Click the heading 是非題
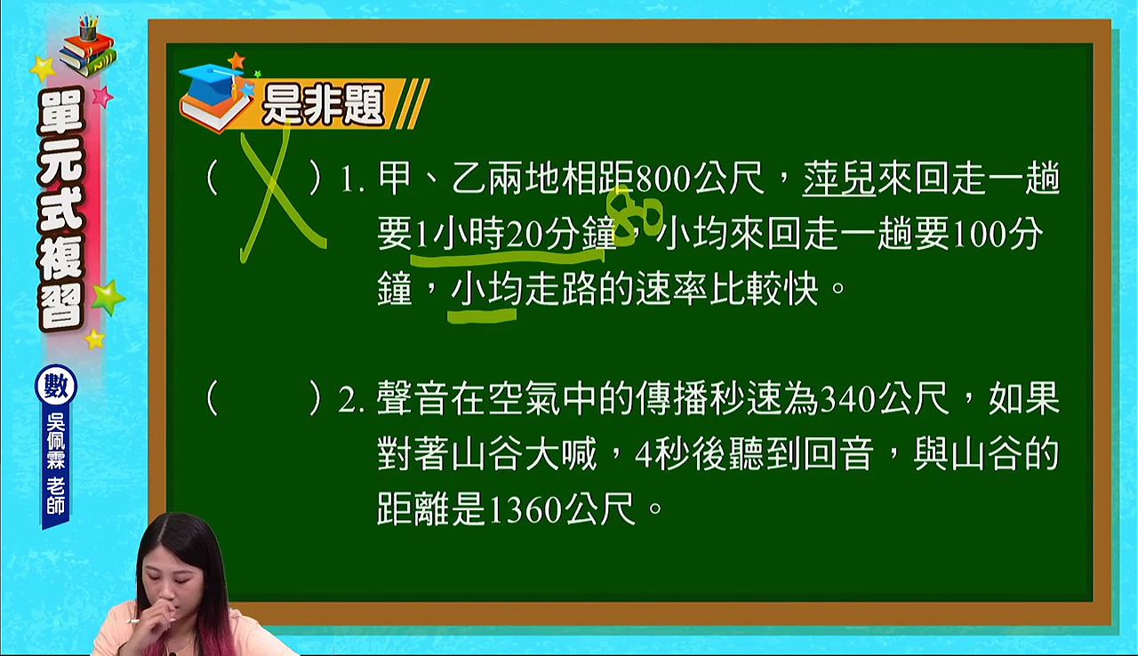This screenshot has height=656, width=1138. pos(323,105)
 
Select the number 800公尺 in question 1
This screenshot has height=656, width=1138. pos(700,179)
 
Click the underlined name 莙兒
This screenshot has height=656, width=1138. pos(839,179)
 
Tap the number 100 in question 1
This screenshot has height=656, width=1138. pos(980,235)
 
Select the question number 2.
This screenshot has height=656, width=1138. pos(350,400)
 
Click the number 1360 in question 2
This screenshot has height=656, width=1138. pos(525,509)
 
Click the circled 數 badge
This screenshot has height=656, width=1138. pos(56,385)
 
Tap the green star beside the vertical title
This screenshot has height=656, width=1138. pos(108,297)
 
